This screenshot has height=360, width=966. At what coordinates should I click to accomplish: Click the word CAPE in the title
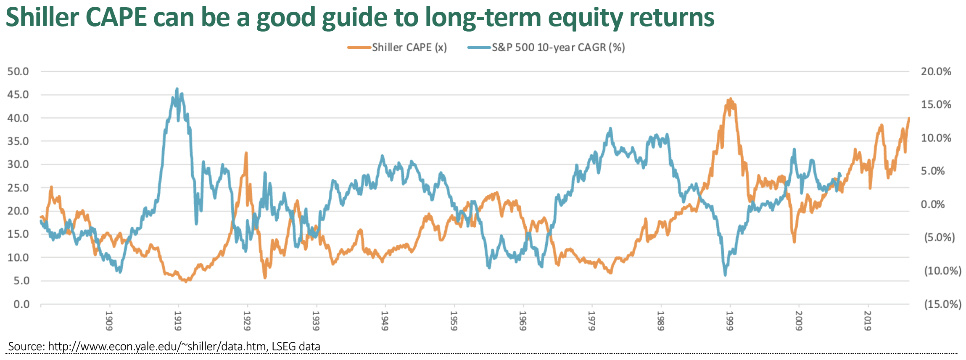pyautogui.click(x=116, y=17)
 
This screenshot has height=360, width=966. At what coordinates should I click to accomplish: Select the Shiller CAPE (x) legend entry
pyautogui.click(x=397, y=48)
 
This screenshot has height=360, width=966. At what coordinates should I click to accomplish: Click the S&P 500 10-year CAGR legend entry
pyautogui.click(x=546, y=48)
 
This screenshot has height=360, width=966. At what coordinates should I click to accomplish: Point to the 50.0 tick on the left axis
pyautogui.click(x=18, y=71)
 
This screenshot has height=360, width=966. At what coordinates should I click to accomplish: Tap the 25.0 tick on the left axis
pyautogui.click(x=18, y=188)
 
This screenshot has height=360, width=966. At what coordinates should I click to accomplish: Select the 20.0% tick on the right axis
pyautogui.click(x=936, y=71)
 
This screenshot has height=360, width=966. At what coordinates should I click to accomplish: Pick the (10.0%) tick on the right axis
pyautogui.click(x=942, y=271)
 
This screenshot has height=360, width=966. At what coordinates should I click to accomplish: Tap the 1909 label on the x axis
pyautogui.click(x=109, y=321)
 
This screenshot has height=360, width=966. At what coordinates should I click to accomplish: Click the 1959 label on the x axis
pyautogui.click(x=454, y=321)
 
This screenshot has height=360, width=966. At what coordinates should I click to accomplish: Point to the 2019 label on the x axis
pyautogui.click(x=867, y=321)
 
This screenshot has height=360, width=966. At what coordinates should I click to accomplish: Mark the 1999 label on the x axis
pyautogui.click(x=729, y=321)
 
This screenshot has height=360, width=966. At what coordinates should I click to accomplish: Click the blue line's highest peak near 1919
pyautogui.click(x=177, y=89)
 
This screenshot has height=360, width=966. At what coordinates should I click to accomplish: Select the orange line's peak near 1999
pyautogui.click(x=731, y=99)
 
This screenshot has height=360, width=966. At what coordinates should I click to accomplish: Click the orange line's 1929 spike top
pyautogui.click(x=246, y=153)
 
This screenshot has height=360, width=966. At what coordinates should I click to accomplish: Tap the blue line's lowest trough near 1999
pyautogui.click(x=725, y=275)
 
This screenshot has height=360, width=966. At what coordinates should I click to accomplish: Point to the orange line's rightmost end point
pyautogui.click(x=909, y=118)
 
